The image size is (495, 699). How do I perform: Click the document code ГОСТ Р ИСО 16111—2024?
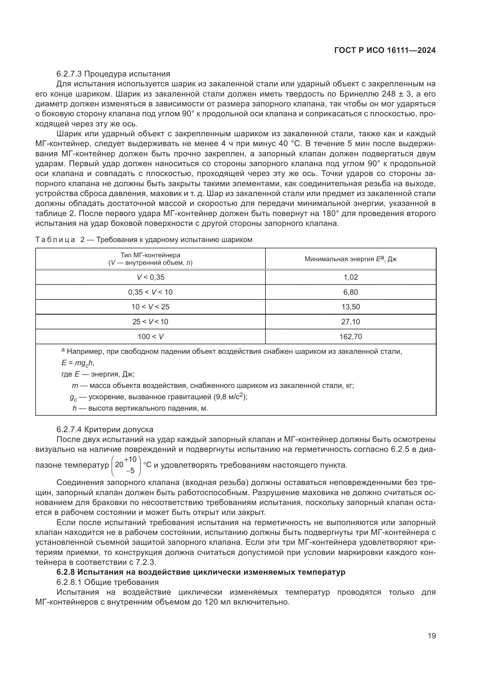tap(385, 51)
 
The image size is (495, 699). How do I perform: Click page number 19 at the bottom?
tap(432, 636)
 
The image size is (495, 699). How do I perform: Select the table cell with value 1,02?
tap(350, 277)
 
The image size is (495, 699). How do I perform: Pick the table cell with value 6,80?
tap(350, 292)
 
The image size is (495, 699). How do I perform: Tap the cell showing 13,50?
tap(350, 307)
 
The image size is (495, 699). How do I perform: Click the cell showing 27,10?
tap(350, 322)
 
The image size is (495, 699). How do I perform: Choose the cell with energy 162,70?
tap(350, 337)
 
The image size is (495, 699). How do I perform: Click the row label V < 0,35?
tap(150, 277)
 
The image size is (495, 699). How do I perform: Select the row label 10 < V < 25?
tap(150, 307)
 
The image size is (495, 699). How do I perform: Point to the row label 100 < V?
tap(150, 337)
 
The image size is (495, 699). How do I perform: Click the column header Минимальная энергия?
tap(350, 259)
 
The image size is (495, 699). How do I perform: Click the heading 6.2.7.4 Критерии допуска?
tap(105, 429)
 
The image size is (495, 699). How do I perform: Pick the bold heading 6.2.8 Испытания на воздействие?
tap(201, 572)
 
